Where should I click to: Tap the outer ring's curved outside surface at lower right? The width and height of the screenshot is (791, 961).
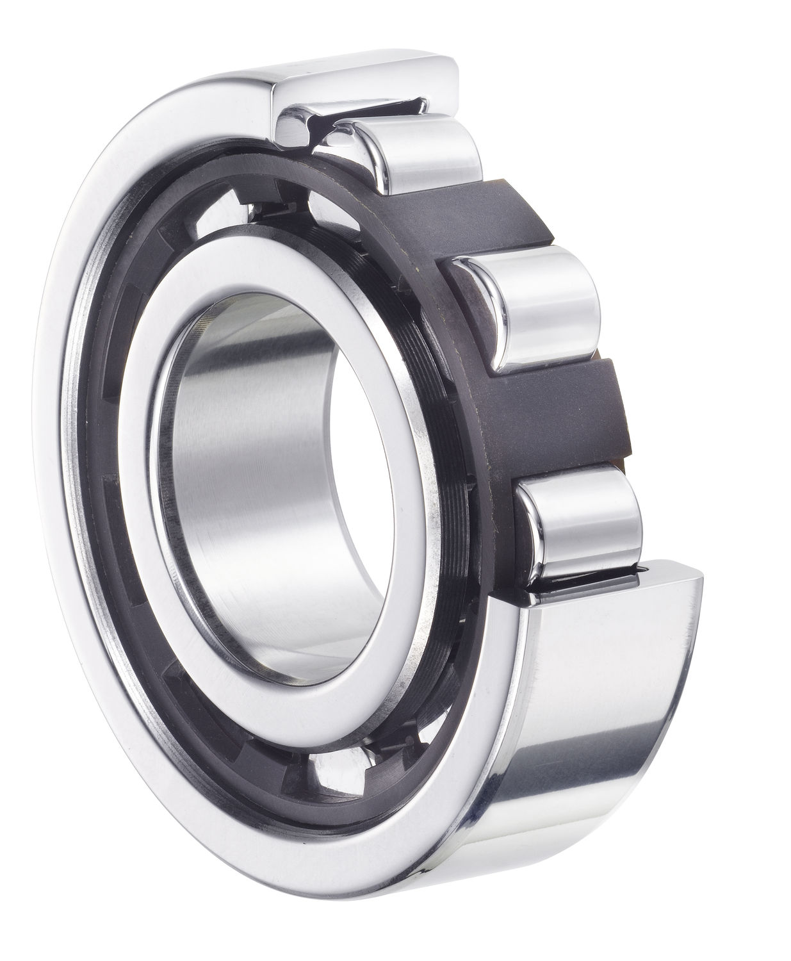(x=596, y=737)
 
